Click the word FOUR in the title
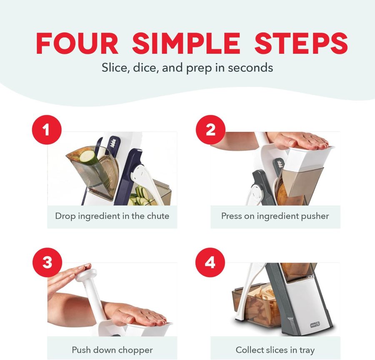[77, 43]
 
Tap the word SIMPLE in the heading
[186, 43]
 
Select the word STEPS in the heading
[301, 43]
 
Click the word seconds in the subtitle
[250, 68]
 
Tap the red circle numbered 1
[47, 130]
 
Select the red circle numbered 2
[210, 130]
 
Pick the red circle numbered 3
[47, 262]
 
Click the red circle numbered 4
[210, 262]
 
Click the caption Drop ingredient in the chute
[112, 216]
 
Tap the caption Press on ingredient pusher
[275, 216]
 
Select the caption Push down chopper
[112, 350]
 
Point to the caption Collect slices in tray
[275, 350]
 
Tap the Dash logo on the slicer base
[315, 325]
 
